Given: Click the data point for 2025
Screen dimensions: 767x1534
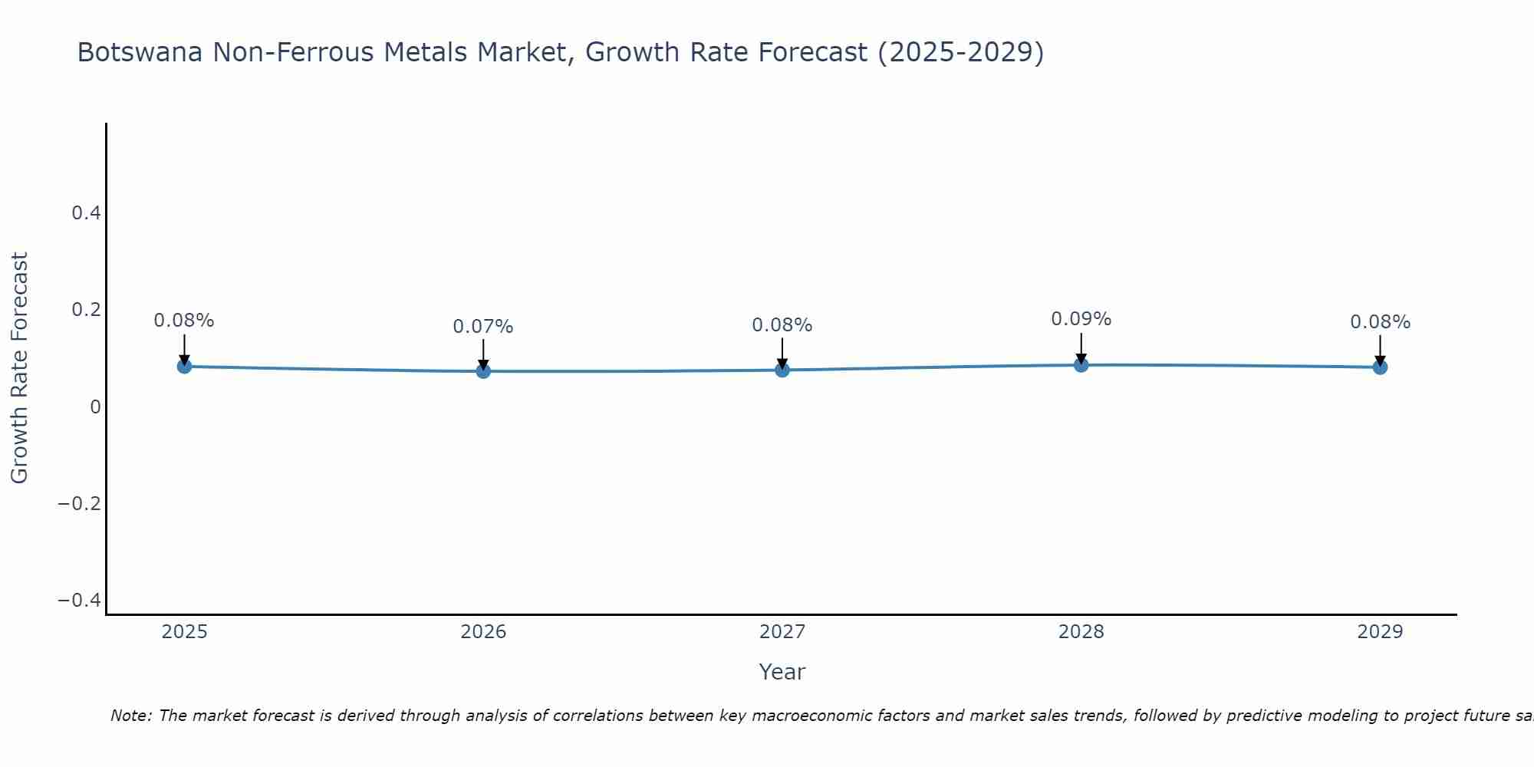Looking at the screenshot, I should pyautogui.click(x=184, y=367).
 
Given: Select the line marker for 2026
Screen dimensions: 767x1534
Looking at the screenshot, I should pyautogui.click(x=483, y=371).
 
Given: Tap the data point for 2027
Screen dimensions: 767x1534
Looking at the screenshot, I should pyautogui.click(x=782, y=370).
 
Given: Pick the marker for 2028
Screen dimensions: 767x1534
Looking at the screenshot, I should pyautogui.click(x=1081, y=365).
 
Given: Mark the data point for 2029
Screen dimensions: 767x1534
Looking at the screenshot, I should pyautogui.click(x=1380, y=367).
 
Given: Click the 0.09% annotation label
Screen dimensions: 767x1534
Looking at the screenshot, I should pyautogui.click(x=1081, y=319).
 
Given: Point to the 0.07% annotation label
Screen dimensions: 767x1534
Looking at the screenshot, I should pyautogui.click(x=482, y=327).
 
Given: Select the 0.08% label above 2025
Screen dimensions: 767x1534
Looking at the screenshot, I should pyautogui.click(x=184, y=321).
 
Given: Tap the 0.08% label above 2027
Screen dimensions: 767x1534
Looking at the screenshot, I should pyautogui.click(x=782, y=325).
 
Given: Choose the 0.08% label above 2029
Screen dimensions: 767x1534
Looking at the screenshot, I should pyautogui.click(x=1380, y=322).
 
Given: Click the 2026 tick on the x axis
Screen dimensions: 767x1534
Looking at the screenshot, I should pyautogui.click(x=483, y=632).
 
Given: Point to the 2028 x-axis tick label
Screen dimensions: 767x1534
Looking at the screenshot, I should pyautogui.click(x=1081, y=632).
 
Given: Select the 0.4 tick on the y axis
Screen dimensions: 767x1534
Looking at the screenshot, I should pyautogui.click(x=87, y=213).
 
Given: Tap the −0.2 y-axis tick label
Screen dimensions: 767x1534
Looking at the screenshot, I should pyautogui.click(x=80, y=503).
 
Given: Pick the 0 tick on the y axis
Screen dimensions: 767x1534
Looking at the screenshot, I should pyautogui.click(x=96, y=407).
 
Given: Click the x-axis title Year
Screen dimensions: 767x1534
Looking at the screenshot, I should pyautogui.click(x=782, y=672).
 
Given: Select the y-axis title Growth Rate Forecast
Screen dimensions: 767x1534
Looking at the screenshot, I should pyautogui.click(x=19, y=368).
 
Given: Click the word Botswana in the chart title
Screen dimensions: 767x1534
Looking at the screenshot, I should pyautogui.click(x=140, y=52).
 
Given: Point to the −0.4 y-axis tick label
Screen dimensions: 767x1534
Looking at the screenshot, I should pyautogui.click(x=80, y=600).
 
